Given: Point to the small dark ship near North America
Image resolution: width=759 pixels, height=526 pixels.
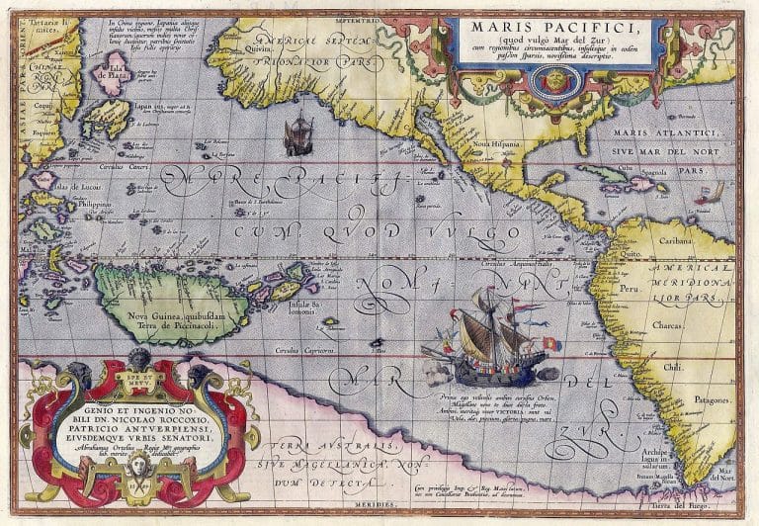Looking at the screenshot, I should [x=298, y=134].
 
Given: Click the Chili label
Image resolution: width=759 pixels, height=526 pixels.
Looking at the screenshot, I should [x=675, y=366].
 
